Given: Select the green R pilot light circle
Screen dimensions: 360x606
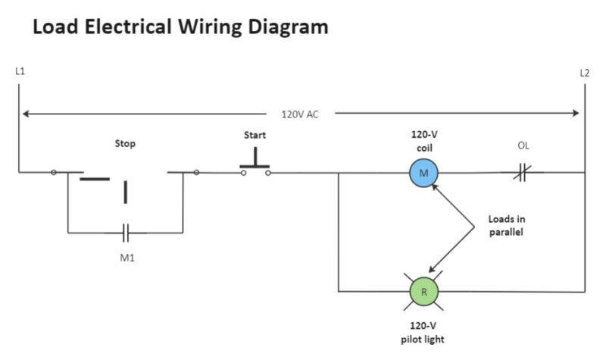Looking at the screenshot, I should coord(424,291).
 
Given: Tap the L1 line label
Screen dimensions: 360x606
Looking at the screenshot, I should coord(20,71).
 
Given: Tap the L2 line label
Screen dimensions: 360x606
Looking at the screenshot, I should coord(584,74).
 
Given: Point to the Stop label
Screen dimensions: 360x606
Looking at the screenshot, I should coord(125,142).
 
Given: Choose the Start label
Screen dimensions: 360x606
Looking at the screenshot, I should coord(255,135).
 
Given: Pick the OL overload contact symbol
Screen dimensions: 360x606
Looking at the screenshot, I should coord(521,174).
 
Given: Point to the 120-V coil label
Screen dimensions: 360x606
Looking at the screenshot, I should coord(424,141).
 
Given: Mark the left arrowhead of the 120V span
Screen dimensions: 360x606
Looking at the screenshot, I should coord(26,114).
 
